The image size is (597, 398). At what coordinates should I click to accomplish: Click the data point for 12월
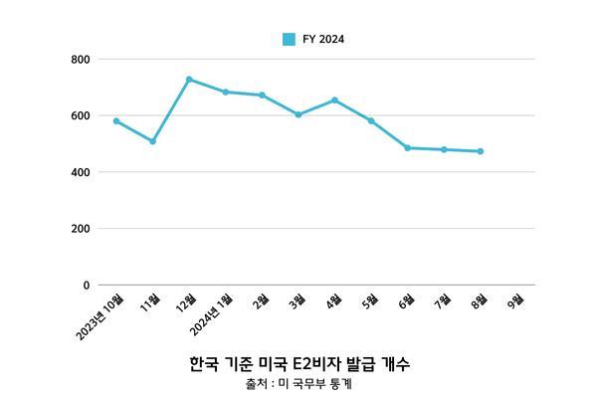tap(189, 80)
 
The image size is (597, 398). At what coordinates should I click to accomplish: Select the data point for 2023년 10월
tap(116, 121)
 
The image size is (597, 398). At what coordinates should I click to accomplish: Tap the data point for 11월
tap(152, 141)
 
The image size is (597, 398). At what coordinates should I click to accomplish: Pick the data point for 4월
tap(334, 100)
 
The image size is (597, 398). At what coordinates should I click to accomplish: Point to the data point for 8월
tap(481, 151)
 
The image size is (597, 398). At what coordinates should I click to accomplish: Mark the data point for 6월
tap(407, 148)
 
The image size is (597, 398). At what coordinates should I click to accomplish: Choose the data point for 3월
tap(298, 114)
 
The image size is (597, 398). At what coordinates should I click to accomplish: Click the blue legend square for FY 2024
tap(289, 39)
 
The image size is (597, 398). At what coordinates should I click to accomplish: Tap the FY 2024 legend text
tap(323, 39)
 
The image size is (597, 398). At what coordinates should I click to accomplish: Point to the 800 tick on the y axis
tap(81, 60)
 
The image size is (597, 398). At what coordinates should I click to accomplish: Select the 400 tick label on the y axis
tap(81, 172)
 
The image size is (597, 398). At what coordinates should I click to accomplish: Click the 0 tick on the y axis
tap(87, 286)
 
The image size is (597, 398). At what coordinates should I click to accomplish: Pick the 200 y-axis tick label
tap(81, 229)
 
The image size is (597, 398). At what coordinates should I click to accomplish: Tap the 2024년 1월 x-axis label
tap(211, 314)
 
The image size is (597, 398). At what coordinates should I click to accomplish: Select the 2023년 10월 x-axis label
tap(99, 316)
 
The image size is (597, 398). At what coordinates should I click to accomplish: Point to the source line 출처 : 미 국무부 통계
tap(298, 383)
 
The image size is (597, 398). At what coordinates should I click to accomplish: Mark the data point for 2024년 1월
tap(226, 93)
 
